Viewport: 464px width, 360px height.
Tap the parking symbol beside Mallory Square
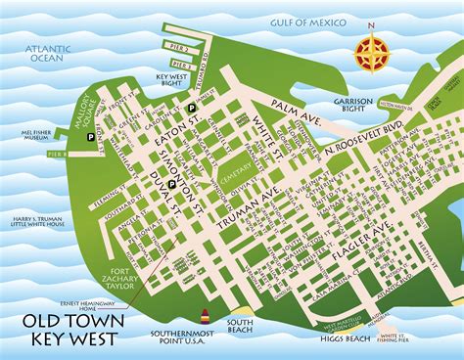click(92, 140)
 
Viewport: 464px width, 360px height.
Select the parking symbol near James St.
click(193, 108)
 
